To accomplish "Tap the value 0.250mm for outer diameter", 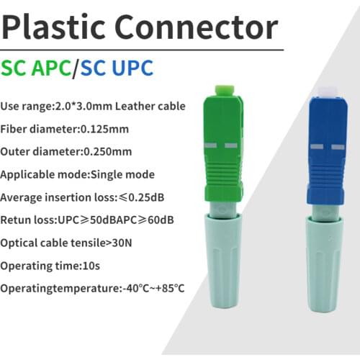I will (110, 152).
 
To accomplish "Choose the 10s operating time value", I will (93, 266).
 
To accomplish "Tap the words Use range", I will (26, 107).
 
